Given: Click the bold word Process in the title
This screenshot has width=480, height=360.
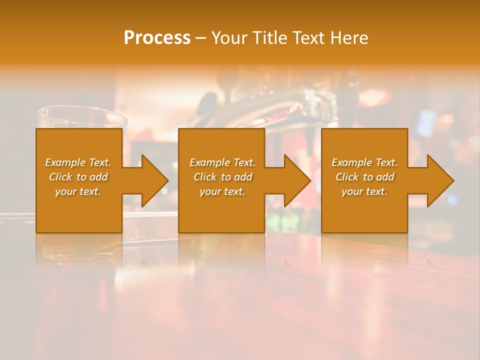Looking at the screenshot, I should pos(157,38).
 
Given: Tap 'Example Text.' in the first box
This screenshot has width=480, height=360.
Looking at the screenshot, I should pos(78,162).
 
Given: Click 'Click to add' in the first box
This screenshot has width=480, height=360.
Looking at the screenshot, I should pos(78,177).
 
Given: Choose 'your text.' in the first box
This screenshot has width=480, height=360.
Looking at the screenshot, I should pos(78,191).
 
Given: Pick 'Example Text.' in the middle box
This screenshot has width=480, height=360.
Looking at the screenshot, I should pos(222,162).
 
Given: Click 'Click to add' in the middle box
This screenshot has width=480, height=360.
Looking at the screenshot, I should pos(222,177).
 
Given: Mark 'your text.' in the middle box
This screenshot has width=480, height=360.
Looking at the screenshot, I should pos(222,191).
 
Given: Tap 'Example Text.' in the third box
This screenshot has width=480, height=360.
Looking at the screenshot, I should pos(364,162).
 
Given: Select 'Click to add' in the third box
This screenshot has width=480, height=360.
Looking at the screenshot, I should pos(364,177).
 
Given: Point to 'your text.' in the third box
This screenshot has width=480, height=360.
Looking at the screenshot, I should pos(364,191).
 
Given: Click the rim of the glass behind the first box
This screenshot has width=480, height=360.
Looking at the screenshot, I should pos(82,112).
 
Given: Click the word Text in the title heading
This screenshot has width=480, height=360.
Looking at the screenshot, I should pos(309,38).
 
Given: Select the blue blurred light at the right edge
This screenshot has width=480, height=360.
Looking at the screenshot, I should pos(452,200).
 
